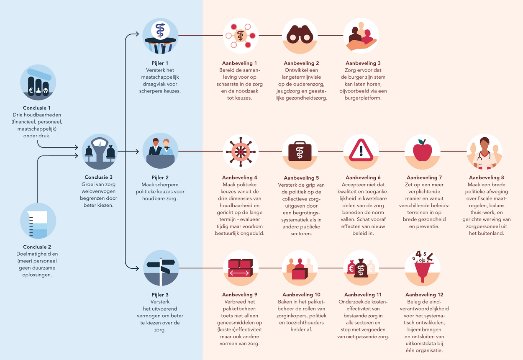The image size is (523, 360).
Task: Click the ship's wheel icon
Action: point(241,152)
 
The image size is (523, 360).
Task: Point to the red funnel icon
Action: point(423,271)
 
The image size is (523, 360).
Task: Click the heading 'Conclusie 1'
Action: point(37,108)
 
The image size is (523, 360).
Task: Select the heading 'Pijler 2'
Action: point(160,177)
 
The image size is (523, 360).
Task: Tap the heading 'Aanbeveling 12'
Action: point(424,294)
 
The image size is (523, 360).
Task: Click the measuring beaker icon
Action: point(38,224)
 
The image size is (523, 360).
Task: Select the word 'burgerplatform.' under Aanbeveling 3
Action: point(363,98)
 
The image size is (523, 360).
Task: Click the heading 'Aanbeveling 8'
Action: point(486,177)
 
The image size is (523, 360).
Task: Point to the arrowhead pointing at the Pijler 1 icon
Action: point(137,34)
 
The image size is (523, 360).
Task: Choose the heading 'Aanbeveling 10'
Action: point(301,294)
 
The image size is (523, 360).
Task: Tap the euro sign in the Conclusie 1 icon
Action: point(31,90)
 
